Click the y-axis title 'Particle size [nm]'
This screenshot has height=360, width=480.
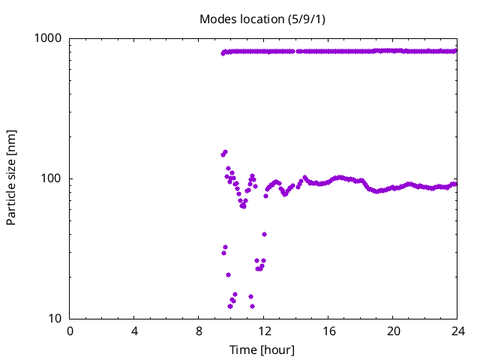(x=11, y=178)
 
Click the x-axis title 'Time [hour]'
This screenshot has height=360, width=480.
(x=262, y=349)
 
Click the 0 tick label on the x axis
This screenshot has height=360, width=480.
(x=70, y=331)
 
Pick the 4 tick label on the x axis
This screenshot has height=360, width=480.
(x=135, y=331)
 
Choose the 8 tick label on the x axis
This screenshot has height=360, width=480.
(x=199, y=331)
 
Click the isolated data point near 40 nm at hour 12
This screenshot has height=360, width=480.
(x=264, y=234)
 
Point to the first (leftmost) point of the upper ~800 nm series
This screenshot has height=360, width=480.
(x=223, y=52)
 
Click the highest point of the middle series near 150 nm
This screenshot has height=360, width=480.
(x=225, y=152)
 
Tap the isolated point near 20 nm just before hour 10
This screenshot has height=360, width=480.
(x=228, y=274)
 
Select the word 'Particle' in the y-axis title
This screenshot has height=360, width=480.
(x=11, y=202)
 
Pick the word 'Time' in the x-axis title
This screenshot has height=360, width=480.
(x=242, y=349)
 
